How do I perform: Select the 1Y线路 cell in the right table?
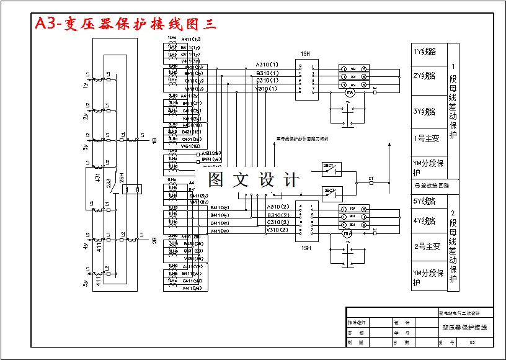425,52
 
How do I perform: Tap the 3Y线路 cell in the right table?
425,112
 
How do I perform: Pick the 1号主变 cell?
426,138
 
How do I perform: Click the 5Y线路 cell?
425,201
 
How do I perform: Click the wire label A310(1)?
267,65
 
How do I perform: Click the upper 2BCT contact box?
329,166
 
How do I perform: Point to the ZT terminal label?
371,178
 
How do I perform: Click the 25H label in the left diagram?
122,178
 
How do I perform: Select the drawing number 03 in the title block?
472,342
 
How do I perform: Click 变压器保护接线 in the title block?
464,327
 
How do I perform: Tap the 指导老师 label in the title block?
357,323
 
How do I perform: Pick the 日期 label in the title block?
401,342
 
